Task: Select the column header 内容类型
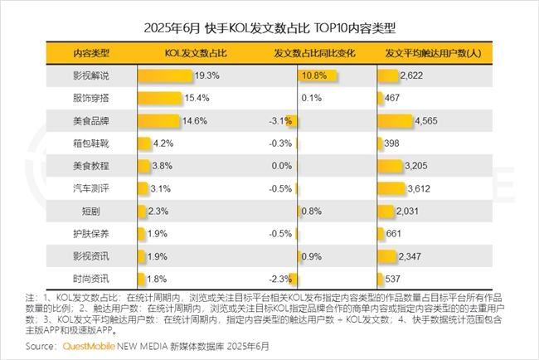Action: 91,54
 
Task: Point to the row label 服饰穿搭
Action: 91,99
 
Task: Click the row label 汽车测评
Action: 91,188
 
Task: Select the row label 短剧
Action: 91,211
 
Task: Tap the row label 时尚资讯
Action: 91,278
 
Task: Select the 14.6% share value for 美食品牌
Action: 194,121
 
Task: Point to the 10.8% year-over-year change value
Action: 313,76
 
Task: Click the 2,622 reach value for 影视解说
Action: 412,76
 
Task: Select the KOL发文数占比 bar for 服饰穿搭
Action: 158,99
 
